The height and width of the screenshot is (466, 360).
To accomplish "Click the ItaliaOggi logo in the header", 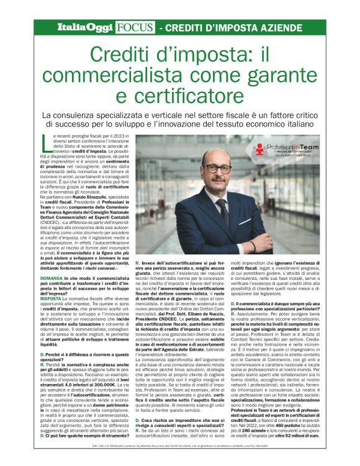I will coord(84,27).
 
